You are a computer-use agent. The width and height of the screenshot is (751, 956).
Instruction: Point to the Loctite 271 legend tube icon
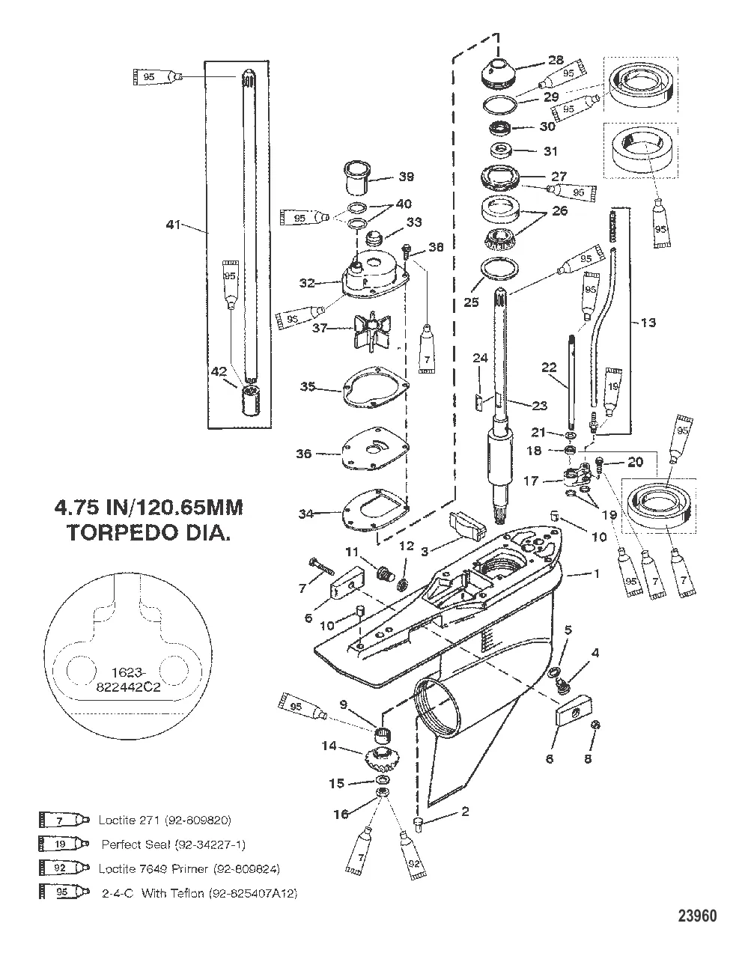point(63,820)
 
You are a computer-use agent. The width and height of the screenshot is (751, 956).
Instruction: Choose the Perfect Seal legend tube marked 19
point(63,844)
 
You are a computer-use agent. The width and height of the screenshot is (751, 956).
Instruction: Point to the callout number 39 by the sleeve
point(406,177)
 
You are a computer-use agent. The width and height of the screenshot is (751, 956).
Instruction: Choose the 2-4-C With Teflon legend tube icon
point(63,893)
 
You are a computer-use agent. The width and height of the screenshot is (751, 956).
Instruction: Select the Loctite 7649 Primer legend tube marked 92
point(63,868)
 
